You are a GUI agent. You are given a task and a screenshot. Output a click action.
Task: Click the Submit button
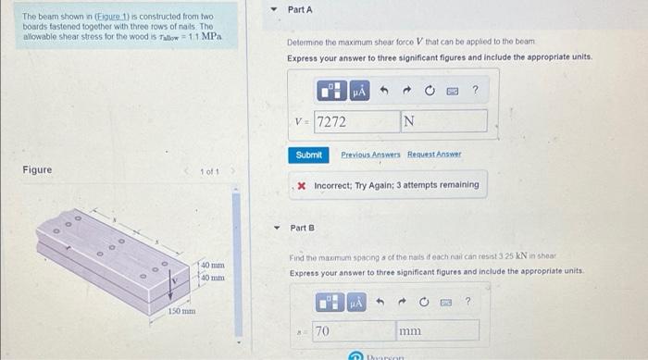(x=308, y=155)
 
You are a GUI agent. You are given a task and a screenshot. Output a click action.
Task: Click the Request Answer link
(x=431, y=155)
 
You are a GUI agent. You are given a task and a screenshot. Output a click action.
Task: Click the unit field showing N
(x=442, y=121)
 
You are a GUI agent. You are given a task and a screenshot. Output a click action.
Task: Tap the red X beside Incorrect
(x=303, y=185)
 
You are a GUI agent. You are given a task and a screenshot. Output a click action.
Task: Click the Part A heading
(x=300, y=9)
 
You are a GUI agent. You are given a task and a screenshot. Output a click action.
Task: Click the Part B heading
(x=303, y=227)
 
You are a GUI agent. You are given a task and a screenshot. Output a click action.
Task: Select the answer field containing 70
(x=352, y=330)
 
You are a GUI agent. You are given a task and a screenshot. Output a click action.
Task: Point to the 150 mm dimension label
(x=181, y=312)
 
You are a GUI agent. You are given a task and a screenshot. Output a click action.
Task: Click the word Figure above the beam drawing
(x=37, y=169)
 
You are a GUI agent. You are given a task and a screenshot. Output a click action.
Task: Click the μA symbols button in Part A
(x=359, y=91)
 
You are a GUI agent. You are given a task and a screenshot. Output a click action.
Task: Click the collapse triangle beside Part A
(x=273, y=9)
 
